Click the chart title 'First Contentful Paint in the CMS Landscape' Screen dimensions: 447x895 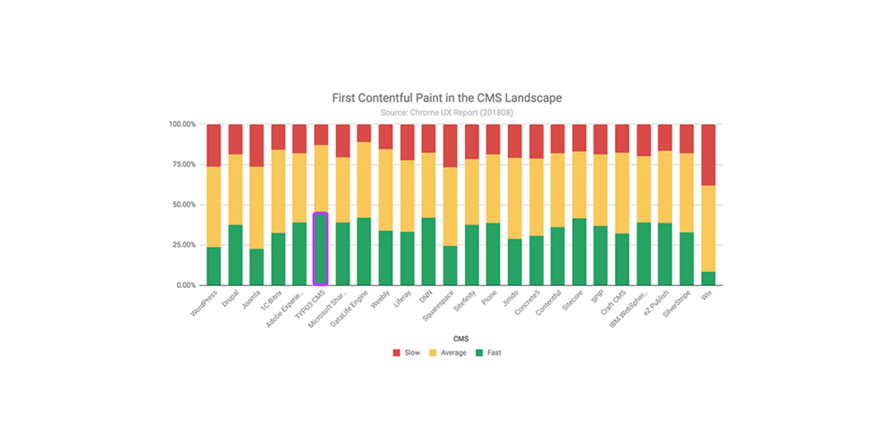(x=447, y=97)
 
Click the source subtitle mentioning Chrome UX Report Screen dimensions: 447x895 (x=447, y=112)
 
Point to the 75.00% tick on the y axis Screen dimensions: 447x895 (x=182, y=164)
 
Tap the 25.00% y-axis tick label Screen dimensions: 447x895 (x=182, y=245)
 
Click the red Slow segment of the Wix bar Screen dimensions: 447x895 (x=707, y=155)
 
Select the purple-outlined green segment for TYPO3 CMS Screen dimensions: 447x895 (x=320, y=249)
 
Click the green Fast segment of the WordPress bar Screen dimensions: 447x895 (x=214, y=266)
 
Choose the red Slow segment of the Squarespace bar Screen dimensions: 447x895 (x=450, y=146)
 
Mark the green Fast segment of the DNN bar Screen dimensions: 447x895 (x=428, y=251)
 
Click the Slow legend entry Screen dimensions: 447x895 (x=406, y=352)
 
